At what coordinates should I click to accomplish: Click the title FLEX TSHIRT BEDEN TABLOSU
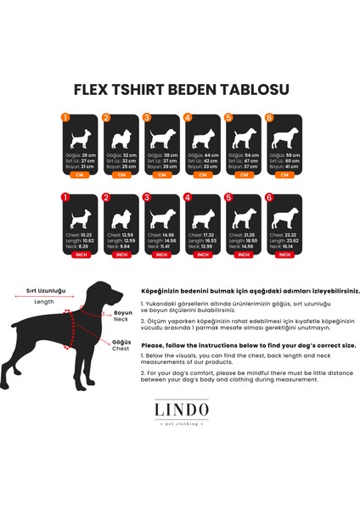181,89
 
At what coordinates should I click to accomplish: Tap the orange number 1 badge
65,118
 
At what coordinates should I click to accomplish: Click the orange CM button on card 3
160,176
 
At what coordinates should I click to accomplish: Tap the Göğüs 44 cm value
202,156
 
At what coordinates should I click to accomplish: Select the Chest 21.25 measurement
242,234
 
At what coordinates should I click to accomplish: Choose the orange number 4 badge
188,118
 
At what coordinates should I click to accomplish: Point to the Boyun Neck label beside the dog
124,316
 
